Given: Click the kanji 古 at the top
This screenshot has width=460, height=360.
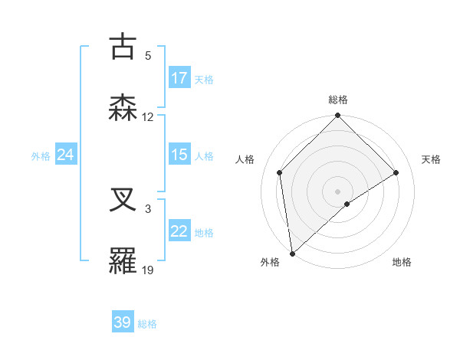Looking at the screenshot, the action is (x=123, y=47).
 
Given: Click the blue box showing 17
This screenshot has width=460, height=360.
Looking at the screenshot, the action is (x=179, y=78).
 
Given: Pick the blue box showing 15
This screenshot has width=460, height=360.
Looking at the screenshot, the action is (x=179, y=155).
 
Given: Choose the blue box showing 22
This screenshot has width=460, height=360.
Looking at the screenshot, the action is (x=179, y=231).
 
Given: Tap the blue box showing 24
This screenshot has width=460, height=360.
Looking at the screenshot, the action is (x=65, y=155).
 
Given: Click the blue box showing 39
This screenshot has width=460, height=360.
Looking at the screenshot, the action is (x=123, y=322).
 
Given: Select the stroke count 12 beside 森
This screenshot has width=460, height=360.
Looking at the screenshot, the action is (x=148, y=117).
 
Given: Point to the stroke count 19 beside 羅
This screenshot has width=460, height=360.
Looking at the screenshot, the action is (x=148, y=270).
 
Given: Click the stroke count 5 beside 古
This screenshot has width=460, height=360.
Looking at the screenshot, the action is (x=148, y=56).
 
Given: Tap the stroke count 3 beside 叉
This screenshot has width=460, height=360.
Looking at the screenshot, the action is (x=148, y=208).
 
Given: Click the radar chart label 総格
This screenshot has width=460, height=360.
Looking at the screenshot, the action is (x=338, y=100).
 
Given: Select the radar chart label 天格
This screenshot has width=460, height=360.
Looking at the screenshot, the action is (x=431, y=159).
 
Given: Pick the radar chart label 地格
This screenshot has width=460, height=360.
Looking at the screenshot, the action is (x=402, y=262).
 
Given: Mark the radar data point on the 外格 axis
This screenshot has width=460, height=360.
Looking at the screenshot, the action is (x=292, y=254).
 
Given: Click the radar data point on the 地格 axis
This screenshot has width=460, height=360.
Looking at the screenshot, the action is (x=347, y=204).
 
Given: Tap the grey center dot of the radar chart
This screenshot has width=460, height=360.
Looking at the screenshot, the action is (x=338, y=191).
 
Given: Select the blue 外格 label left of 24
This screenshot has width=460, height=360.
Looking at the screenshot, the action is (x=41, y=155).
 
